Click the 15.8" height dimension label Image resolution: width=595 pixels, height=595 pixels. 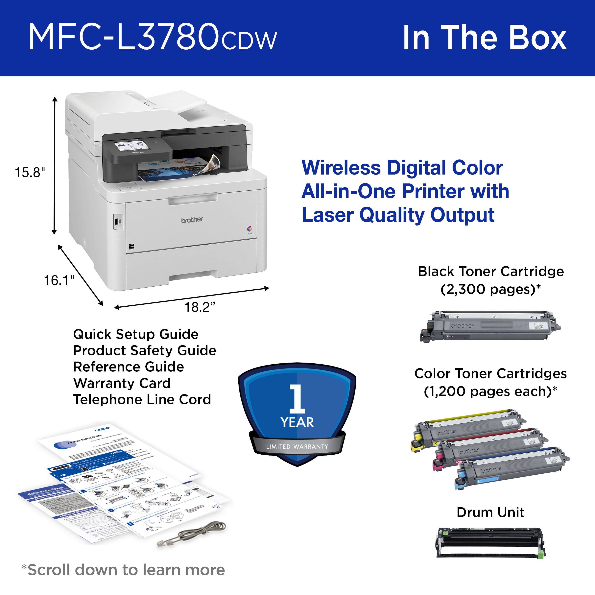[x=30, y=173]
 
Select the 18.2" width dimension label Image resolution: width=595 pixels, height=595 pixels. [x=200, y=307]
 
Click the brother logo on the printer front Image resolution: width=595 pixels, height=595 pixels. [x=192, y=220]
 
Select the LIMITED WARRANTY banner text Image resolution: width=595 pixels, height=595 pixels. [x=297, y=447]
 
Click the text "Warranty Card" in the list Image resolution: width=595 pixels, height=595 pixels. [x=122, y=383]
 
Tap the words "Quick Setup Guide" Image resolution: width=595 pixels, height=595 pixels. [x=136, y=334]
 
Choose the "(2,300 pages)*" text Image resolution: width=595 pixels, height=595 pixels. [x=490, y=290]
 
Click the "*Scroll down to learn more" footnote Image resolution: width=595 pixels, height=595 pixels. [x=123, y=570]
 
